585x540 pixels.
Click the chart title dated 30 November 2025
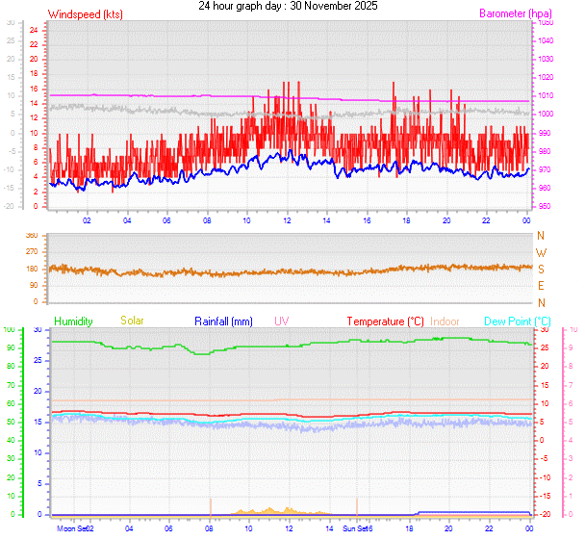coord(288,6)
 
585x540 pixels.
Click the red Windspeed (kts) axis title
coord(85,14)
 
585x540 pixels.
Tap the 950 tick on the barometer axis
coord(545,207)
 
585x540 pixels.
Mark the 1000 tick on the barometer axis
coord(546,115)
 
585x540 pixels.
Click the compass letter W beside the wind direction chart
coord(541,252)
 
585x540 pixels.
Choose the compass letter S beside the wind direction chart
coord(541,269)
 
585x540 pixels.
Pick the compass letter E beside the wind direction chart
coord(541,286)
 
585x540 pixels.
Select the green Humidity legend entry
coord(73,321)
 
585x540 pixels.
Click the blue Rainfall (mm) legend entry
coord(223,321)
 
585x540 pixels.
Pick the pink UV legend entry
coord(282,321)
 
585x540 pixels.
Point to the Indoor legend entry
coord(445,321)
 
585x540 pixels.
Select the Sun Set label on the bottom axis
coord(354,528)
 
